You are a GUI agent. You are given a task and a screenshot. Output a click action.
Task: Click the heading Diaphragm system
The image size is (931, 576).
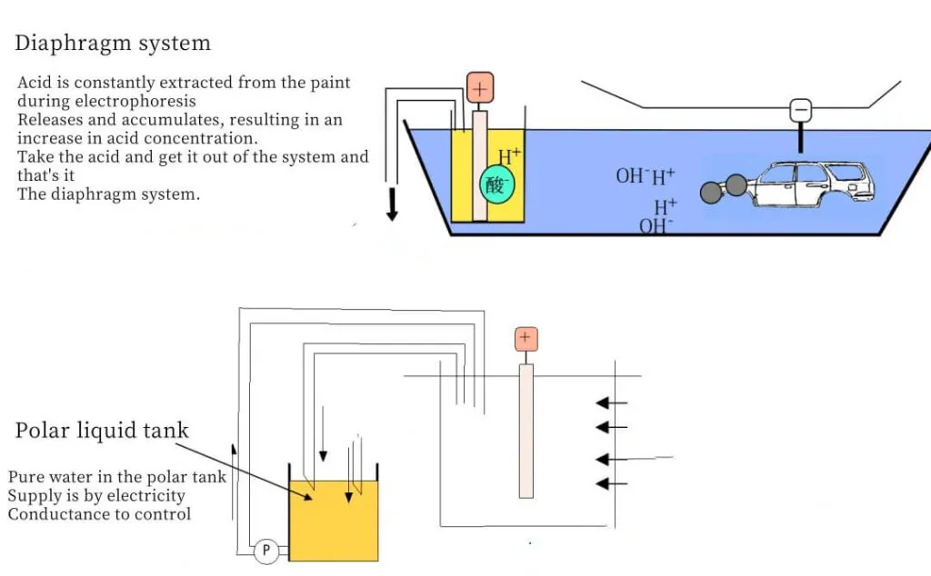coord(113,44)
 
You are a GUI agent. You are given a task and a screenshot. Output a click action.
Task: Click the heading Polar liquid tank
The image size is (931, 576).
coord(102,430)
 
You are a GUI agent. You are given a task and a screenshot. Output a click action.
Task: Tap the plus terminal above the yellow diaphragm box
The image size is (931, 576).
coord(480,88)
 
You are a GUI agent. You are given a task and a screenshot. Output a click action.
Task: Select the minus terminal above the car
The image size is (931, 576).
coord(800,110)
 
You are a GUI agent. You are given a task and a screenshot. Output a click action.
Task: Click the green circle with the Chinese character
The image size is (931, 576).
coord(496,184)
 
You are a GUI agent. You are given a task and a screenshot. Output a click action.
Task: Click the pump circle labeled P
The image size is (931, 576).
coord(266,551)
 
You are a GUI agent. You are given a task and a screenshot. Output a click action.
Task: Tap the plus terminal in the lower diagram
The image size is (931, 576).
coord(526,339)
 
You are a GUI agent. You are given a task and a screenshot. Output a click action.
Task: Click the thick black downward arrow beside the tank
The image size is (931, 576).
coord(392,204)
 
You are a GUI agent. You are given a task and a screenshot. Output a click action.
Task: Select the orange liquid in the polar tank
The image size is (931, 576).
coord(333,521)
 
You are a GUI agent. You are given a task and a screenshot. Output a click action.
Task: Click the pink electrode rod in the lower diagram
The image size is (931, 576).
coord(526,432)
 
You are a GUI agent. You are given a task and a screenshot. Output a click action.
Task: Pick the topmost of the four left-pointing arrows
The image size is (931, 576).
coord(612,403)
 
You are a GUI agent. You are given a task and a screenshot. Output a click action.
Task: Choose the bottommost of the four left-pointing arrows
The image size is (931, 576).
coord(612,484)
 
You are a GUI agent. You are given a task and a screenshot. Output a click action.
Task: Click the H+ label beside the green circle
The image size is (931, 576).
coord(509,156)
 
